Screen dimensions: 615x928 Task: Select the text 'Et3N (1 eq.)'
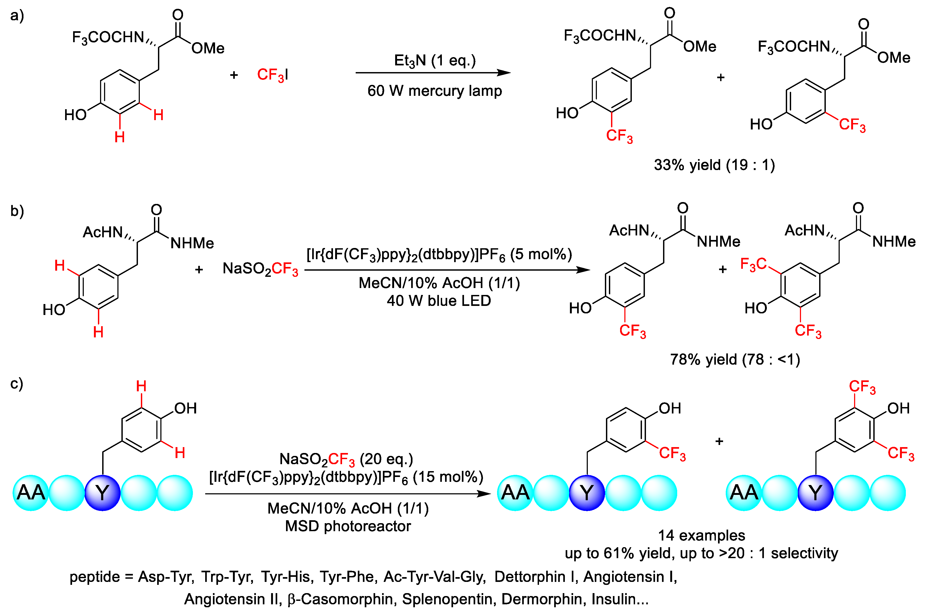coord(434,61)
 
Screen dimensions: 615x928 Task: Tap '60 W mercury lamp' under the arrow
coord(434,91)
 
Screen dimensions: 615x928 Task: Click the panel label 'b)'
coord(17,211)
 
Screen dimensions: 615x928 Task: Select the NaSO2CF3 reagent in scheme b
coord(260,269)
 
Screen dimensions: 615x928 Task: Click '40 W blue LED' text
coord(439,301)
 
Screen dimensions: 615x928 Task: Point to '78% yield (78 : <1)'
coord(735,359)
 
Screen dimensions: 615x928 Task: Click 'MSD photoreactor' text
coord(348,526)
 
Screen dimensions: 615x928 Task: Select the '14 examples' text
coord(701,535)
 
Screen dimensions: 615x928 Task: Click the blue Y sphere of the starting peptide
coord(102,493)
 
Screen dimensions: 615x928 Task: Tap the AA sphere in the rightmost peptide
coord(744,493)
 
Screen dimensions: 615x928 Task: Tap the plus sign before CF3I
coord(234,75)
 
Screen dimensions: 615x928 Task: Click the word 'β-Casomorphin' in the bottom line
coord(340,599)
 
